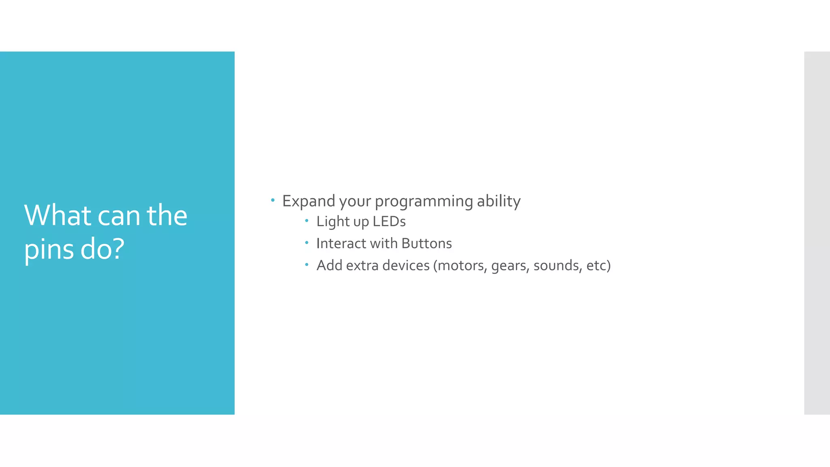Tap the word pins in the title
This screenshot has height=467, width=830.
coord(49,249)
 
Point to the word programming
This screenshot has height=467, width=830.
coord(424,201)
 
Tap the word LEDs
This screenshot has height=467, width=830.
coord(389,221)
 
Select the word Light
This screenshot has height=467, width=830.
coord(333,222)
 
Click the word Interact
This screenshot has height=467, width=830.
coord(341,243)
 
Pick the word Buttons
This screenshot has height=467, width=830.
coord(427,243)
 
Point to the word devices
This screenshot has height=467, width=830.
coord(406,265)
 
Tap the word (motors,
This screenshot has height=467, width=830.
coord(460,266)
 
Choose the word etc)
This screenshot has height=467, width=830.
coord(598,266)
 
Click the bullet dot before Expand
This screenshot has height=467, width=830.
coord(273,200)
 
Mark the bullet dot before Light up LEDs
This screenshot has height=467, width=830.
coord(307,221)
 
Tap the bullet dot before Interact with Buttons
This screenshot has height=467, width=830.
coord(307,243)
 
